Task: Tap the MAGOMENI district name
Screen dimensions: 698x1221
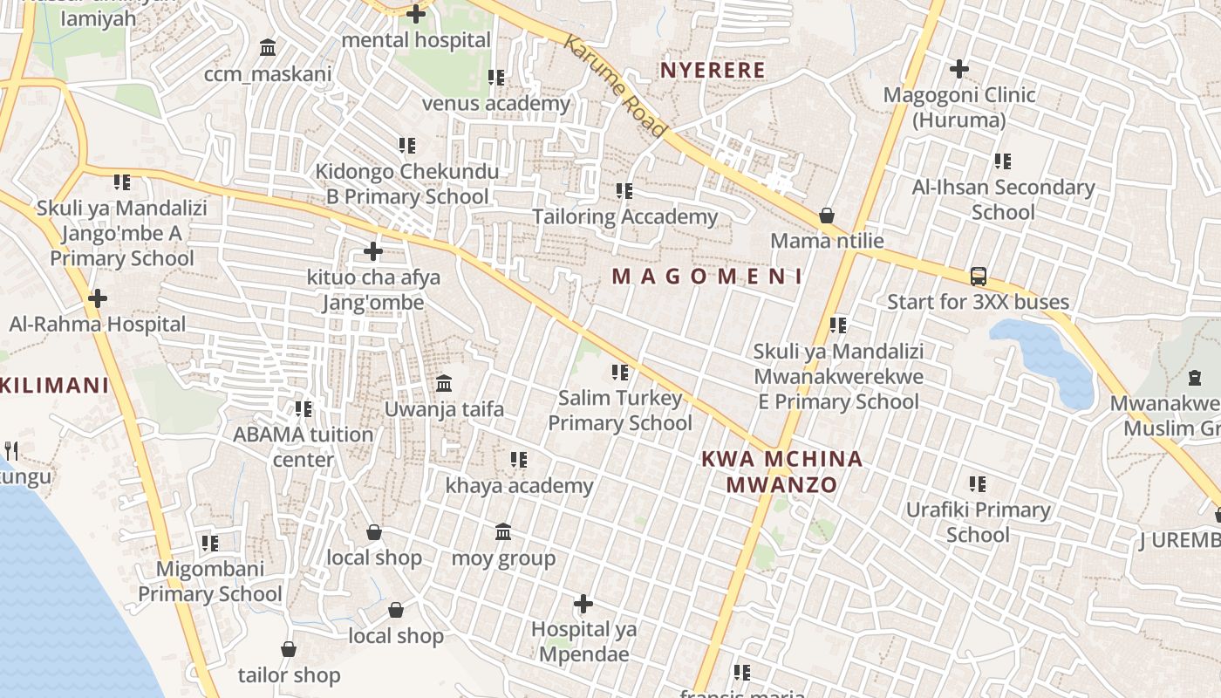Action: pos(707,277)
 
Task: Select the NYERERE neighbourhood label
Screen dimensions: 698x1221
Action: pos(713,70)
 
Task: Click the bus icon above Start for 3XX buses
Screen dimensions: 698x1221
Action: pos(979,277)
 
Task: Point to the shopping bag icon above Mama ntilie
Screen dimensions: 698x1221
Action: pos(827,215)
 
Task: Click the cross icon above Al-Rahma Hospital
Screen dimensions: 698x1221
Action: pos(98,298)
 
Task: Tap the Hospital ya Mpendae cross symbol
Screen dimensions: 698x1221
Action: pos(583,603)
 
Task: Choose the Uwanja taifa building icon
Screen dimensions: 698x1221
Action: pos(444,383)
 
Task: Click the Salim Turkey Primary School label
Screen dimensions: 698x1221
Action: pos(620,411)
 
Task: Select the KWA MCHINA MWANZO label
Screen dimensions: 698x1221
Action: pos(782,471)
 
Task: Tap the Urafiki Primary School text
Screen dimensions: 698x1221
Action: pos(978,522)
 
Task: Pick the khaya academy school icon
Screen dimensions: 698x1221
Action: pos(519,459)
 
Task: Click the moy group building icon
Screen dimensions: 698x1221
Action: pos(503,531)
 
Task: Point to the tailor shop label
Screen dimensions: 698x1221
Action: pos(289,675)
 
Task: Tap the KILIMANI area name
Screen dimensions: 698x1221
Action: pos(55,385)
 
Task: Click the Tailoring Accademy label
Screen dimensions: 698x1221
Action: pos(624,216)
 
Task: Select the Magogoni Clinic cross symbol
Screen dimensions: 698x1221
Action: pos(959,69)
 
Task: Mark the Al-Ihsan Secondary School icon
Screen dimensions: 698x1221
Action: pos(1003,161)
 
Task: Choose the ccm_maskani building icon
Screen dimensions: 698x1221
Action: pos(268,47)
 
